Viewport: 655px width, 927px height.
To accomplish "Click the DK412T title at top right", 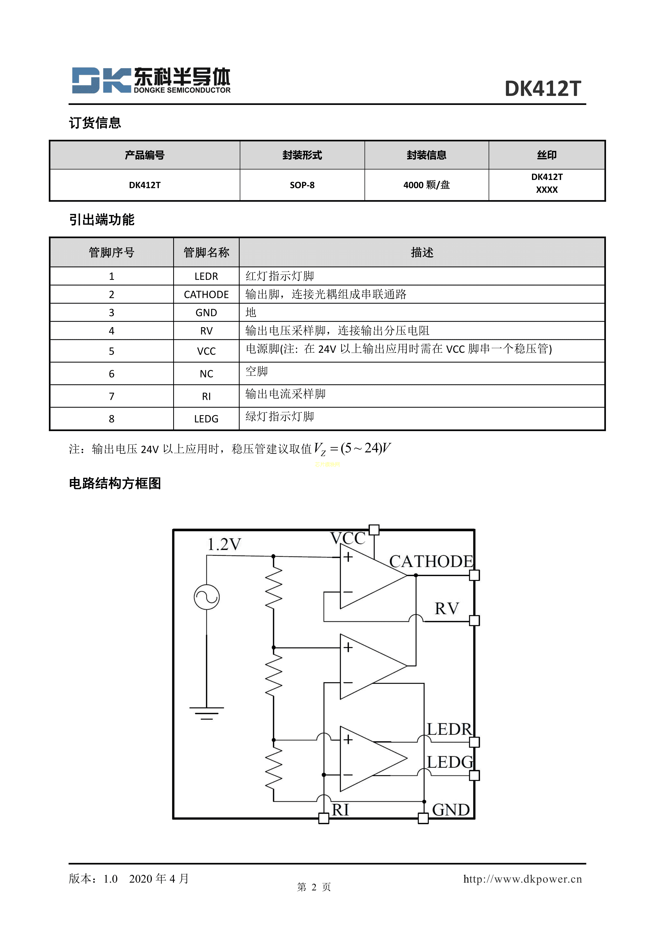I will point(543,89).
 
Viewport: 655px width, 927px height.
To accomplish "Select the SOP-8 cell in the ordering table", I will point(302,185).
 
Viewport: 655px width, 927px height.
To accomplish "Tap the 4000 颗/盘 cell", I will point(426,185).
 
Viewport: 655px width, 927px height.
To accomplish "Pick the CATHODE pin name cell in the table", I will point(206,294).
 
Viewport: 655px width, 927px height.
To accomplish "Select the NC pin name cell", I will point(206,374).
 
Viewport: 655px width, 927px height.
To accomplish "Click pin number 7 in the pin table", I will point(112,396).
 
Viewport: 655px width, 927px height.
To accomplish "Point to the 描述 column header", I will point(422,252).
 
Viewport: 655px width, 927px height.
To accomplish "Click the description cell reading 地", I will point(251,312).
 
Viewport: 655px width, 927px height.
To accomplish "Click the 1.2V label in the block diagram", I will point(224,544).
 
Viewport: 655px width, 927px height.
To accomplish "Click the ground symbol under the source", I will point(206,713).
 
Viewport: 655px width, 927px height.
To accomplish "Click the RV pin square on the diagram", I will point(474,620).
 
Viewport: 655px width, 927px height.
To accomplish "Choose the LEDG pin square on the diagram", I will point(474,775).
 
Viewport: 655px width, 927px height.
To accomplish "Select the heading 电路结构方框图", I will point(115,483).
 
